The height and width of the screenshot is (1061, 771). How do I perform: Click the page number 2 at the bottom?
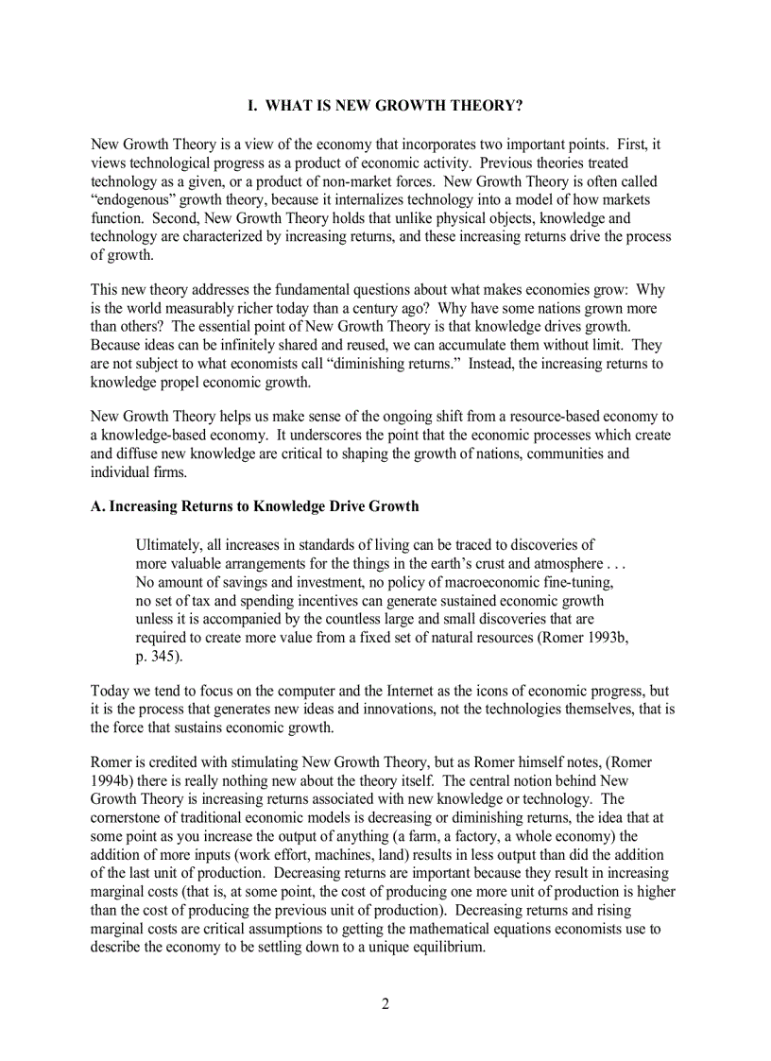pos(385,1003)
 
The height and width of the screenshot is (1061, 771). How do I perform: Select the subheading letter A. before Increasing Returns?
pos(97,506)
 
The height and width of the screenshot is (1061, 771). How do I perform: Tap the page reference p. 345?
pos(160,656)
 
